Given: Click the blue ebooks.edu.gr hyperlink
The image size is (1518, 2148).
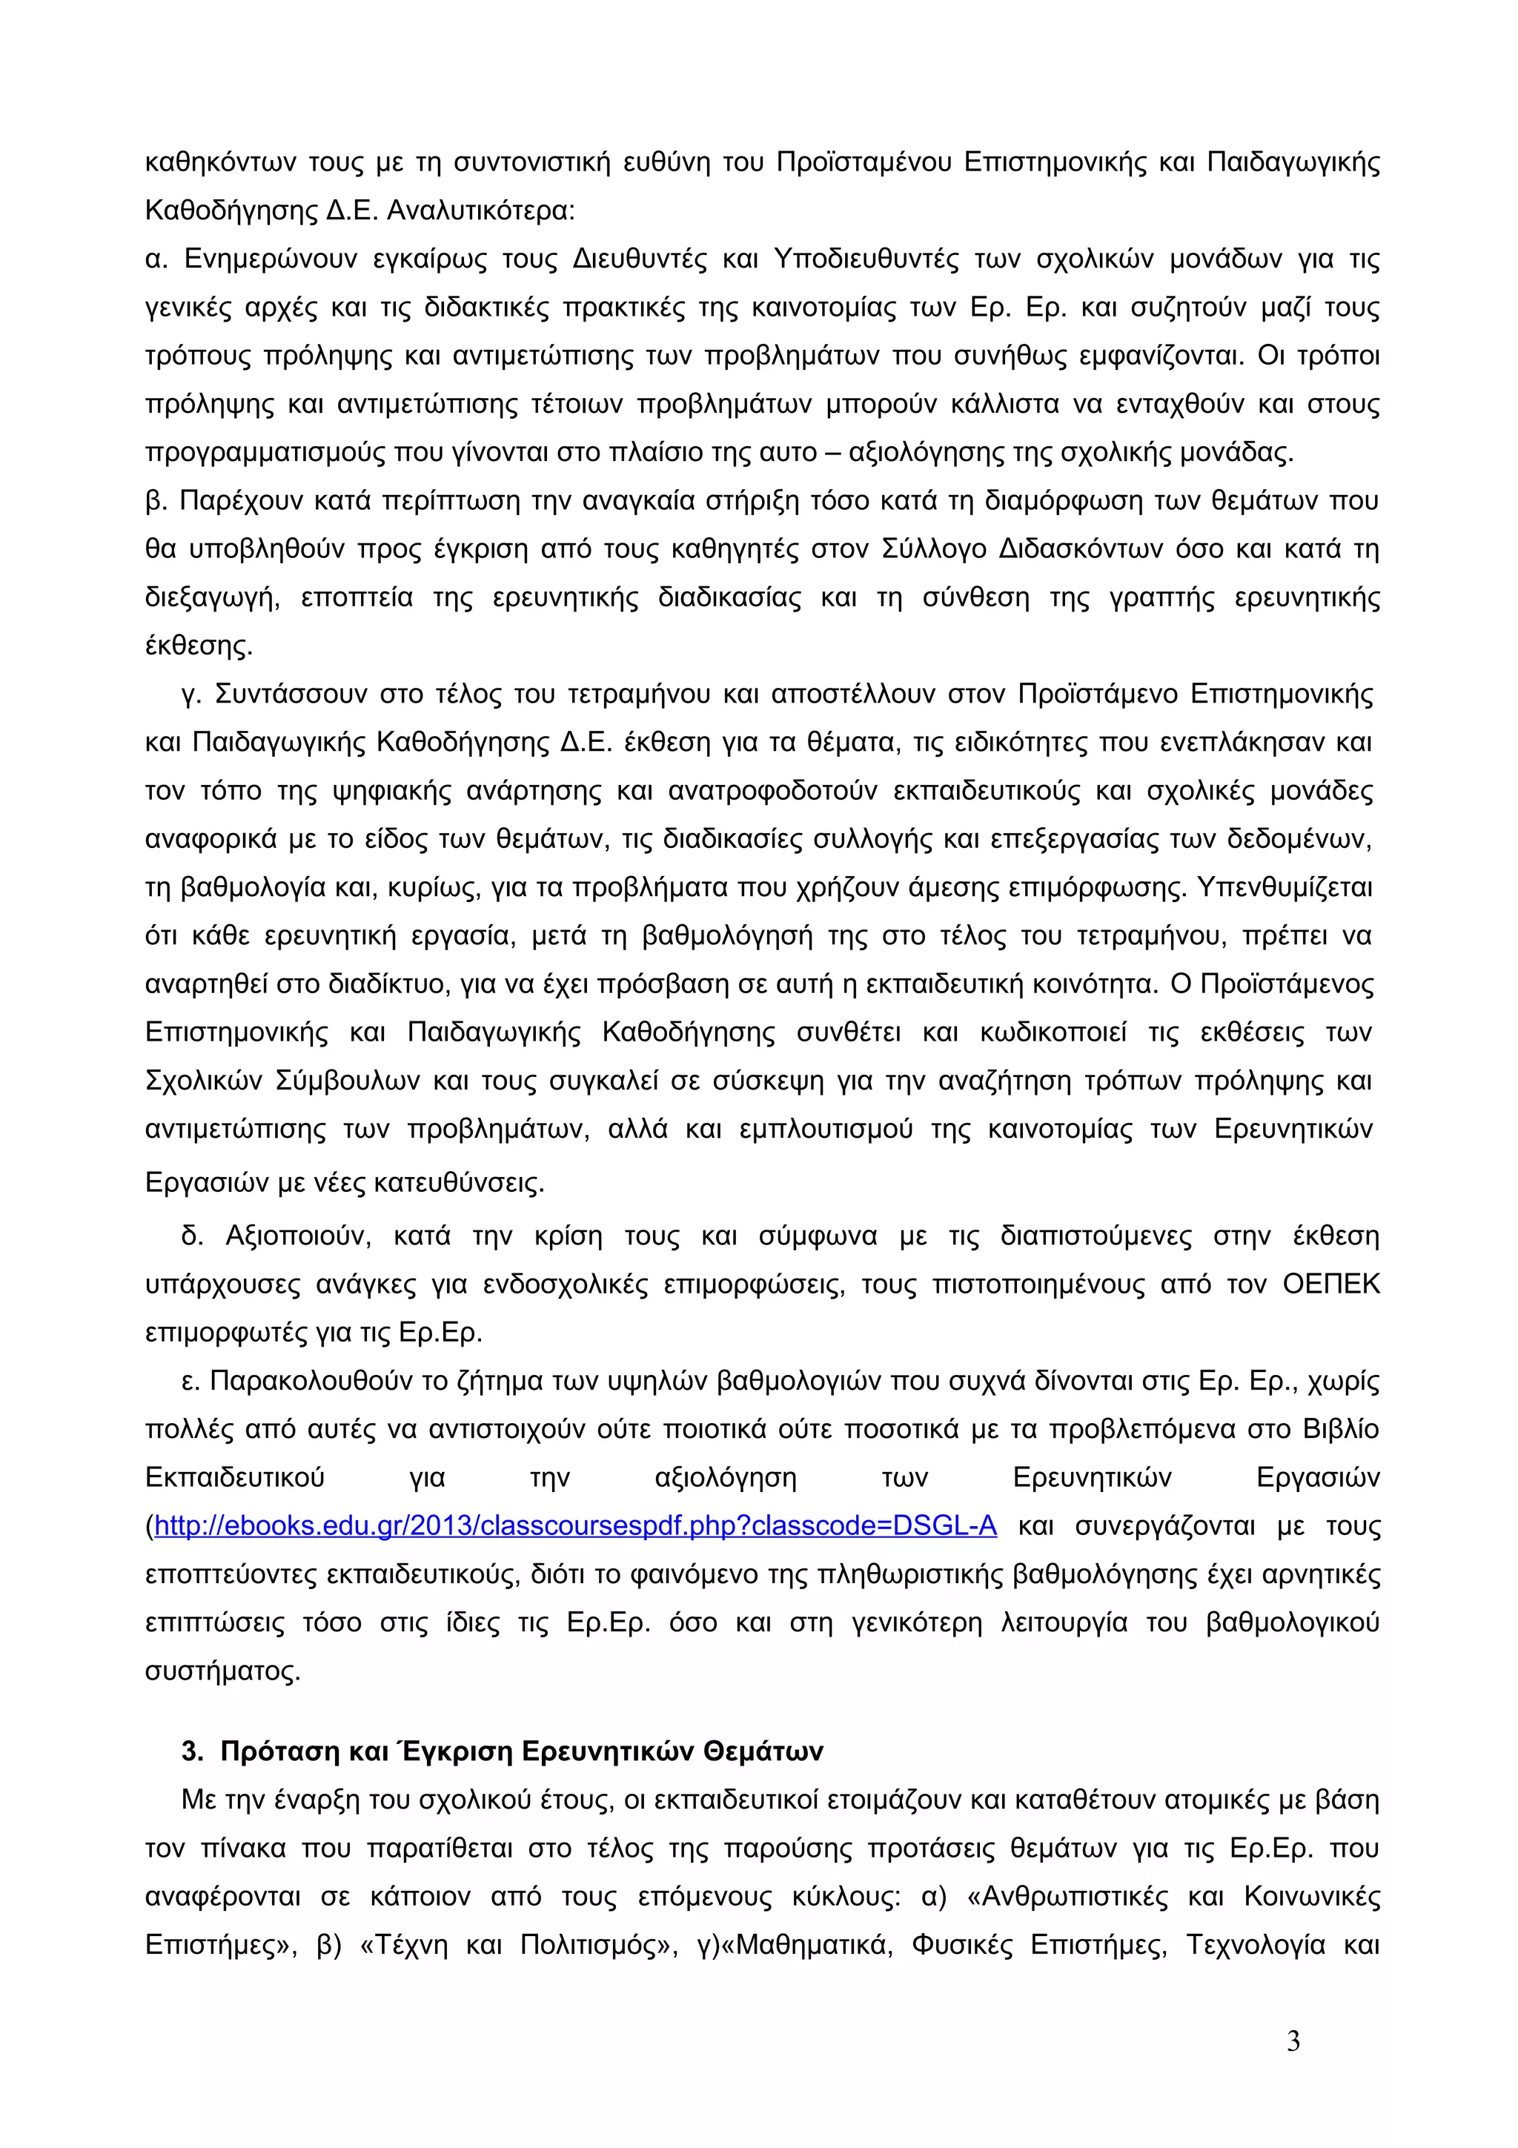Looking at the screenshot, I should [x=575, y=1526].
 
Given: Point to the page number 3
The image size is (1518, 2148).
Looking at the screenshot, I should [x=1293, y=2041].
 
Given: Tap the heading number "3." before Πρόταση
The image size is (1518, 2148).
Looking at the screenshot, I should [x=193, y=1751].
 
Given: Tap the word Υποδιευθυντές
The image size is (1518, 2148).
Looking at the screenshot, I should [x=866, y=259].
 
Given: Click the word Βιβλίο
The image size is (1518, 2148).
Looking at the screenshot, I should [x=1340, y=1430].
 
